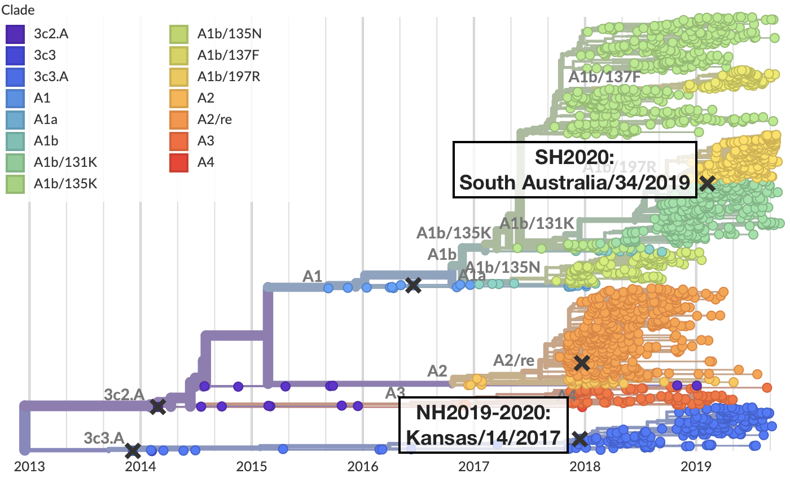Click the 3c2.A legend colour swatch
tap(15, 34)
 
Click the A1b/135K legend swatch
tap(15, 184)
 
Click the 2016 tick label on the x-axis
tap(361, 467)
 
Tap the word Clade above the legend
tap(18, 10)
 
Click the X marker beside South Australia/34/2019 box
tap(707, 183)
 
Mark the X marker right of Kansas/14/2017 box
tap(580, 439)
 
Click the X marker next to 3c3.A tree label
tap(133, 450)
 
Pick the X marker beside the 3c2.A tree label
tap(158, 406)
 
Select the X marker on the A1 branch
tap(413, 285)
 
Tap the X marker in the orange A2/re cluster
tap(582, 363)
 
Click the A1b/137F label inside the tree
tap(603, 77)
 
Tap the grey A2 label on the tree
tap(437, 370)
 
